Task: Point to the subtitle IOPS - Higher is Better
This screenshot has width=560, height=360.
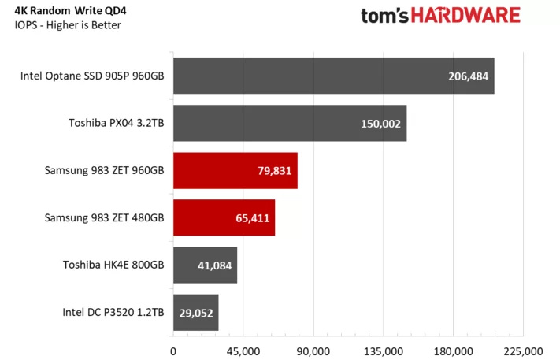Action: [68, 25]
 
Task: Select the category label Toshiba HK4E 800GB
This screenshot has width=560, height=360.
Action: [113, 265]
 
